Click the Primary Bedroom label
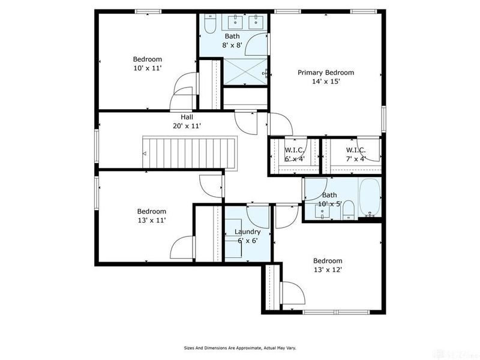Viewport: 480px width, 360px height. point(326,73)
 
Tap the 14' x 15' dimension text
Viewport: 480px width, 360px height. point(326,82)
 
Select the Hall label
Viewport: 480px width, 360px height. point(187,117)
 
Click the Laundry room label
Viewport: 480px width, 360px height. point(247,232)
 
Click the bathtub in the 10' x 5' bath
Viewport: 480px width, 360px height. point(370,198)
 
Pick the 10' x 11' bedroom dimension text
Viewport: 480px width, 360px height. point(148,68)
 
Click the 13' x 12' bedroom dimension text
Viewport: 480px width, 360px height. point(328,270)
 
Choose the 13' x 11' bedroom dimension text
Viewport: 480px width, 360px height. point(151,220)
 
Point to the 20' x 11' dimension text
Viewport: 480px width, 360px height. point(187,126)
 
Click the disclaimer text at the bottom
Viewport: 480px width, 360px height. point(239,347)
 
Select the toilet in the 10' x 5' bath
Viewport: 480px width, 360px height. point(349,211)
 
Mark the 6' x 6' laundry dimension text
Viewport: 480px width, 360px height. point(247,240)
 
